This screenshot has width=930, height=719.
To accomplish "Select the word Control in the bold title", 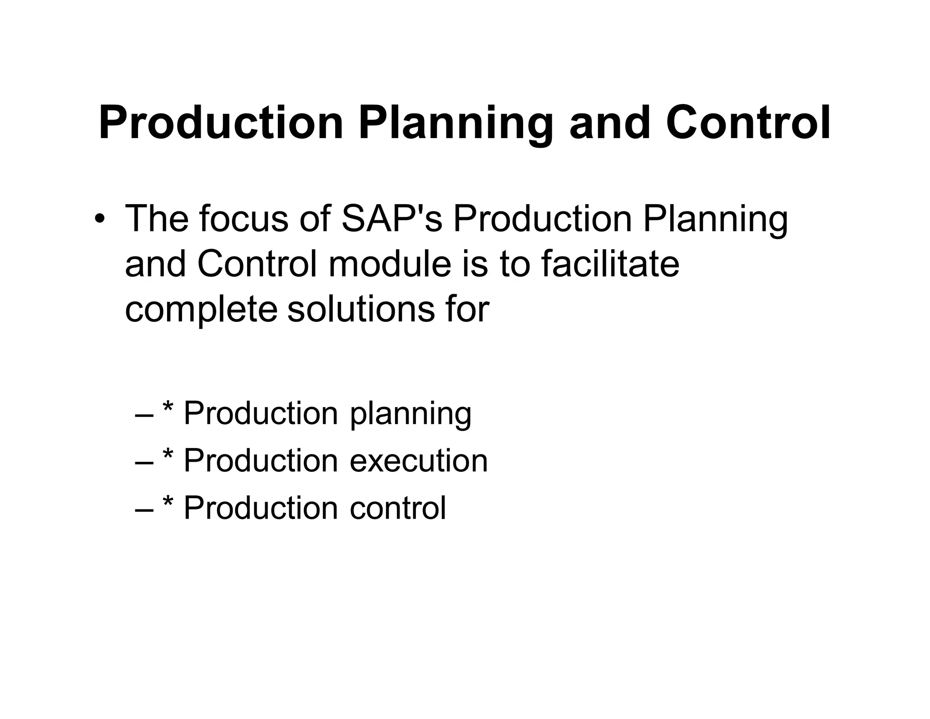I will (748, 123).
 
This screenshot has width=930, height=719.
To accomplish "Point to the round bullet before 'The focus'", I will (99, 220).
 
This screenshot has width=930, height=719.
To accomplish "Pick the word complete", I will (201, 311).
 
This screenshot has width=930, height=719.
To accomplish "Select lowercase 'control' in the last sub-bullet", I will (398, 507).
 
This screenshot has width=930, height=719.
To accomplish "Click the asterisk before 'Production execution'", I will (168, 455).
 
